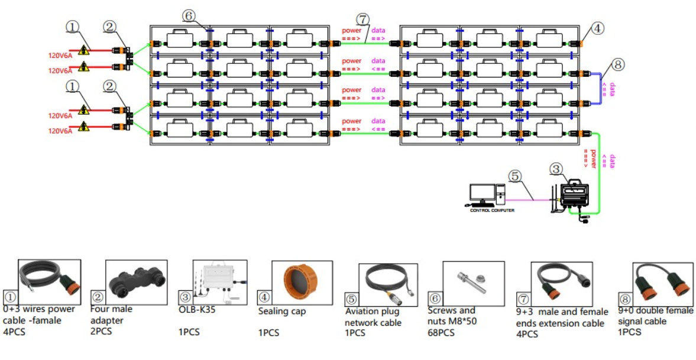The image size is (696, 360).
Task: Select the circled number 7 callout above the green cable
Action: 362,20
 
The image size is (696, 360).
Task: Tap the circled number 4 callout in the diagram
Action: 598,27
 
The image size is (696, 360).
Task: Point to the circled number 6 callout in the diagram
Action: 188,17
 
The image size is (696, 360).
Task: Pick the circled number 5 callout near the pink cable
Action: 515,176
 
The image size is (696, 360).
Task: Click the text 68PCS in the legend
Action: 441,333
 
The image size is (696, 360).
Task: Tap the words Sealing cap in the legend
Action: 282,311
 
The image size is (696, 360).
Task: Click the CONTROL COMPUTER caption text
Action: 491,210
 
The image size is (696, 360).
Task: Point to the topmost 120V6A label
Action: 60,56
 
